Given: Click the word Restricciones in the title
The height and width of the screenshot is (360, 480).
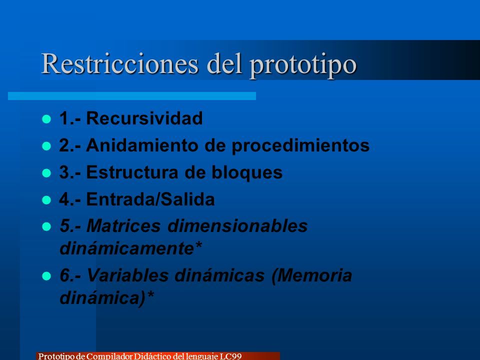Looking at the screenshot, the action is [120, 63].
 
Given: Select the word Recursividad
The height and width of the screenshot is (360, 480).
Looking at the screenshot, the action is [144, 118].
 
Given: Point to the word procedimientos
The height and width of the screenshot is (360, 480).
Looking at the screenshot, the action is [300, 145].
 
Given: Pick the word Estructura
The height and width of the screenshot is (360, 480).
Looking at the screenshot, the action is [132, 172].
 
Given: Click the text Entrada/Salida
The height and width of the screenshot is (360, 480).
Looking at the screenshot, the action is [150, 199].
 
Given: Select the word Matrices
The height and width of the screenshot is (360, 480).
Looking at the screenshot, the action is [123, 225].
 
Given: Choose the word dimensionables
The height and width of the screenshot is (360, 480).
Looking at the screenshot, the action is [237, 225].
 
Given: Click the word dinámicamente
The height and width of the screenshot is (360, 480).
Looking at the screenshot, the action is [126, 247].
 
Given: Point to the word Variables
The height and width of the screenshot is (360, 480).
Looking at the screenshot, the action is [127, 275].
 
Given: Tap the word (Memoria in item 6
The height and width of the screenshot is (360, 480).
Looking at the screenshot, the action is [311, 275].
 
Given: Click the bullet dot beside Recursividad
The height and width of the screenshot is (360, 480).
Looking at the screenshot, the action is [46, 119].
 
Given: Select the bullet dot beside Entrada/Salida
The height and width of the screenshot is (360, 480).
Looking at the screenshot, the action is [46, 200].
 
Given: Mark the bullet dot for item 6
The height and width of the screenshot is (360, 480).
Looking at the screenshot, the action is [46, 276].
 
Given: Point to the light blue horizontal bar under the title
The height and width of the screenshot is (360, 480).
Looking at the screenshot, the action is [132, 96].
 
